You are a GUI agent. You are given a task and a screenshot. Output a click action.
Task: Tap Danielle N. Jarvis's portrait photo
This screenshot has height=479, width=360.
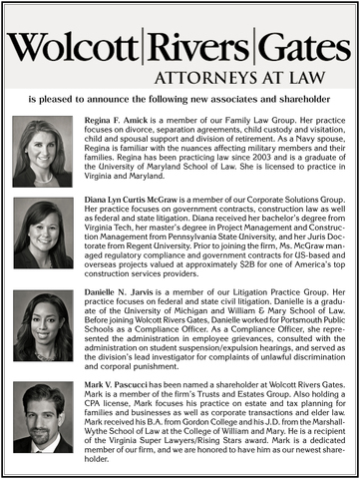(x=43, y=326)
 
